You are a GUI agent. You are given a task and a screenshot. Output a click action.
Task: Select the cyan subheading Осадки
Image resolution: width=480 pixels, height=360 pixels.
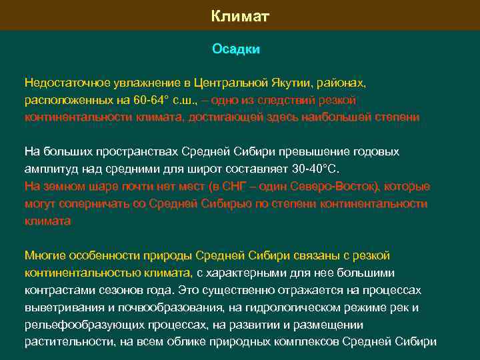pos(236,49)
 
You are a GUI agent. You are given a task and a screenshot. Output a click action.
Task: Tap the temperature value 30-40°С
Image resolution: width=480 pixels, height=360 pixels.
pos(311,169)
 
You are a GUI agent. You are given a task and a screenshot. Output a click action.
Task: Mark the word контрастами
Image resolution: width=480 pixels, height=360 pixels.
pos(56,291)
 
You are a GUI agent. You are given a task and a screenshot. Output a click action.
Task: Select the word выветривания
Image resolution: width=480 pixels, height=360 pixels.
pos(60,308)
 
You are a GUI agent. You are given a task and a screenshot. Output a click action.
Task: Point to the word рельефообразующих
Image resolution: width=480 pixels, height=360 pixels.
pos(77,325)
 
